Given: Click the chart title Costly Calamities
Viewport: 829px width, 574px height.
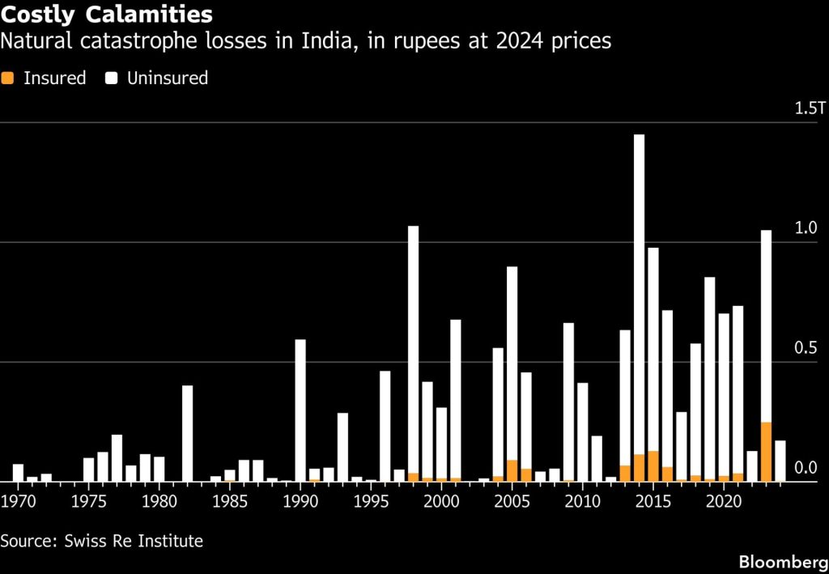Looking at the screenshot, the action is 106,15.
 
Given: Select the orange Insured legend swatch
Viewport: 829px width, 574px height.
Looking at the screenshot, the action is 7,79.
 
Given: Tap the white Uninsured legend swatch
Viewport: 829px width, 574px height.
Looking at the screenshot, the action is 111,79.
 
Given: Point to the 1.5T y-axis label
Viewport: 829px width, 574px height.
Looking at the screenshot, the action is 810,108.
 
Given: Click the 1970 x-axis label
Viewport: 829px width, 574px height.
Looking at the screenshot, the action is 18,500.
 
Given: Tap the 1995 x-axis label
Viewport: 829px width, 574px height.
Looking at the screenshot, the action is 371,500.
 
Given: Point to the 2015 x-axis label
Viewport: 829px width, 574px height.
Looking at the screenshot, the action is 653,500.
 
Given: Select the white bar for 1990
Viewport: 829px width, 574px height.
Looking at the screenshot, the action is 300,410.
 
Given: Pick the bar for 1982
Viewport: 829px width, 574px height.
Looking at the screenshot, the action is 187,433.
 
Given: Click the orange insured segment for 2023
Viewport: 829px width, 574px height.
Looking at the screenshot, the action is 766,452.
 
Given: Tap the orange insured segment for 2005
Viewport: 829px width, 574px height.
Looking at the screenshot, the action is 512,471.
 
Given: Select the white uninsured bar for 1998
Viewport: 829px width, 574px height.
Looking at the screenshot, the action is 414,350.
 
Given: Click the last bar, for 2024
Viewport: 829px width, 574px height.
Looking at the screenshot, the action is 780,461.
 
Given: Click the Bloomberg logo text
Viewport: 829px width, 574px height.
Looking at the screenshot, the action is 784,562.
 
